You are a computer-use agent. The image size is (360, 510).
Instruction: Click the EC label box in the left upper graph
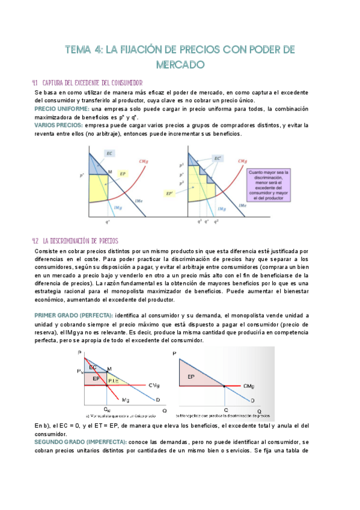tap(110, 154)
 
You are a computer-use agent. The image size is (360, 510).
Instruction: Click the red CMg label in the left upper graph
tap(144, 162)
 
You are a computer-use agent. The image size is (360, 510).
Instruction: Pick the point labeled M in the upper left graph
tap(109, 171)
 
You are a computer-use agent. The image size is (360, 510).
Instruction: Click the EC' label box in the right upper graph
tap(218, 158)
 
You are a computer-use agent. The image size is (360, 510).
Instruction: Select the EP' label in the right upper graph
tap(170, 193)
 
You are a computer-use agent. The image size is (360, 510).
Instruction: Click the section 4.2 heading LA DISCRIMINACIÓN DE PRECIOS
tap(84, 241)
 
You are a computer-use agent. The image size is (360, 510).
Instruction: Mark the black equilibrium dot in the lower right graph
tap(225, 386)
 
